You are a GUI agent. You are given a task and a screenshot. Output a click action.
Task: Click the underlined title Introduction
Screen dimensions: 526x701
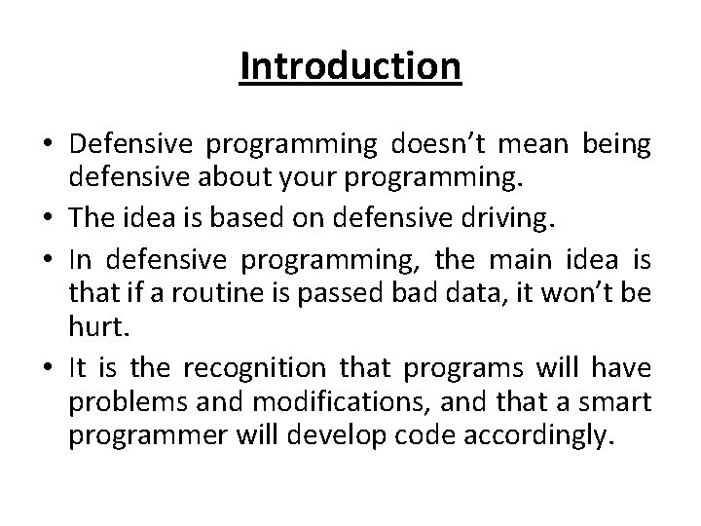350,67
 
